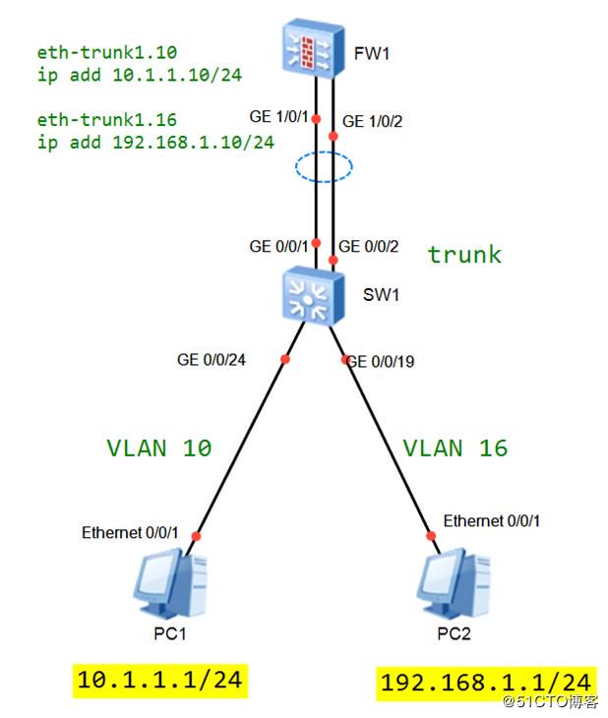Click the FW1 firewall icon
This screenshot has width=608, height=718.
pyautogui.click(x=313, y=48)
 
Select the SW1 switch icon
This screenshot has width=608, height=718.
pyautogui.click(x=313, y=296)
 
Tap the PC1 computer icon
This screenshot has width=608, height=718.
pyautogui.click(x=170, y=584)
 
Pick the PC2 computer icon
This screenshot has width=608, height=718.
pyautogui.click(x=454, y=584)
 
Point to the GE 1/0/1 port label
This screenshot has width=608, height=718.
pyautogui.click(x=278, y=117)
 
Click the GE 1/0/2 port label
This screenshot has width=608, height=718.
pyautogui.click(x=372, y=121)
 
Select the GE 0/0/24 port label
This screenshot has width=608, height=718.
pyautogui.click(x=212, y=360)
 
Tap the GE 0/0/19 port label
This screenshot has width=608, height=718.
pyautogui.click(x=381, y=362)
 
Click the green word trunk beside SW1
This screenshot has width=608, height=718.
pyautogui.click(x=464, y=255)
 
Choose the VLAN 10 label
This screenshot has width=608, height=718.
pyautogui.click(x=159, y=448)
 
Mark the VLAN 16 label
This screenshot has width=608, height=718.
pyautogui.click(x=456, y=448)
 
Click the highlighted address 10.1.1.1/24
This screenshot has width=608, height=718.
pyautogui.click(x=160, y=681)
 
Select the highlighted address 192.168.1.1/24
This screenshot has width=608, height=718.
pyautogui.click(x=486, y=684)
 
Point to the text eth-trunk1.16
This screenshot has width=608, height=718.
pyautogui.click(x=107, y=120)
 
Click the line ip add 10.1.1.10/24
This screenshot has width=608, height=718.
pyautogui.click(x=140, y=75)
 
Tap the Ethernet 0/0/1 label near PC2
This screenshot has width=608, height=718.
pyautogui.click(x=492, y=521)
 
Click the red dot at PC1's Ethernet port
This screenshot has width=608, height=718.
pyautogui.click(x=197, y=536)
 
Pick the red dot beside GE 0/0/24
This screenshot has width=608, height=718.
pyautogui.click(x=285, y=359)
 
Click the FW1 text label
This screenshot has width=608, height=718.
pyautogui.click(x=372, y=54)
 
